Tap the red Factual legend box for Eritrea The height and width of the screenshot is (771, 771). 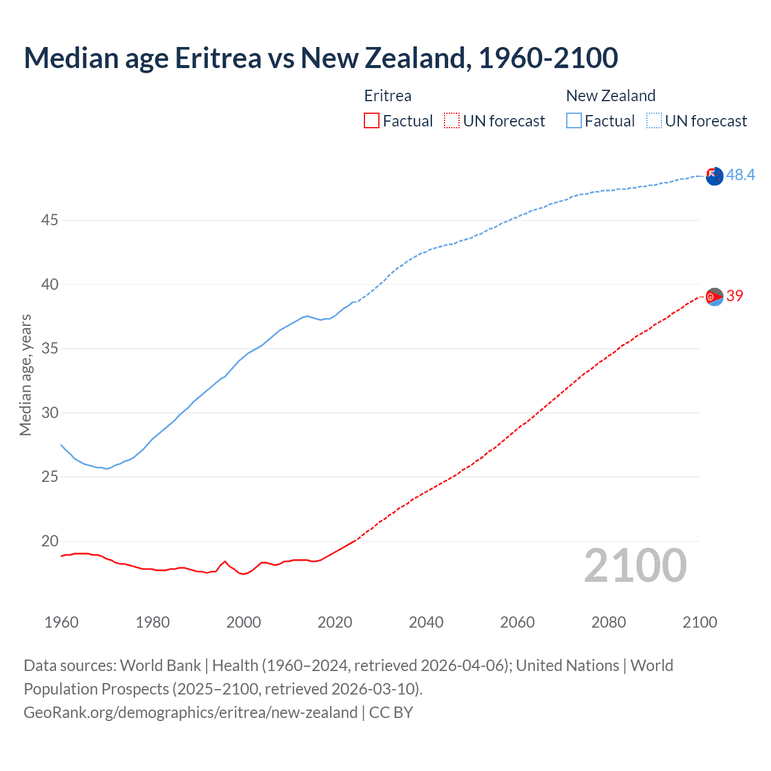pos(372,120)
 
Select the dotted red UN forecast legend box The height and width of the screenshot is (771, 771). pos(451,120)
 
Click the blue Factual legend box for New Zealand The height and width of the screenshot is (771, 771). pos(573,120)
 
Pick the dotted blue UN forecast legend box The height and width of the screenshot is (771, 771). pos(654,120)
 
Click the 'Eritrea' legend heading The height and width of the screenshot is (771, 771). pos(388,96)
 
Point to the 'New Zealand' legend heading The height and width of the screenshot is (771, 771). pos(610,96)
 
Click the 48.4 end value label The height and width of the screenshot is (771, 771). pos(740,175)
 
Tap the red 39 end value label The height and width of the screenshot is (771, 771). pos(734,296)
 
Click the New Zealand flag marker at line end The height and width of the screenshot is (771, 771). pos(714,176)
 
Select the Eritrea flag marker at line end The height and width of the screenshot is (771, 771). pos(714,296)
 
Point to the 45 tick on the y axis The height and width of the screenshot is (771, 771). pos(49,220)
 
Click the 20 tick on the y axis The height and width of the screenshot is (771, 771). pos(49,541)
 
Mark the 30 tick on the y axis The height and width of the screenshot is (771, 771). pos(49,413)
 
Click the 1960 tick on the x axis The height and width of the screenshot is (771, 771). pos(61,622)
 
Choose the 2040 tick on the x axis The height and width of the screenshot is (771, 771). pos(426,622)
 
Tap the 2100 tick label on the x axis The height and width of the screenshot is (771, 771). pos(699,622)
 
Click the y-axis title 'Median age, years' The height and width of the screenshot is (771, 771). pos(25,375)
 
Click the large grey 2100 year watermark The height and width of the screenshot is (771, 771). pos(635,566)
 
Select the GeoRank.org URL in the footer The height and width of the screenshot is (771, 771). pos(190,713)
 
